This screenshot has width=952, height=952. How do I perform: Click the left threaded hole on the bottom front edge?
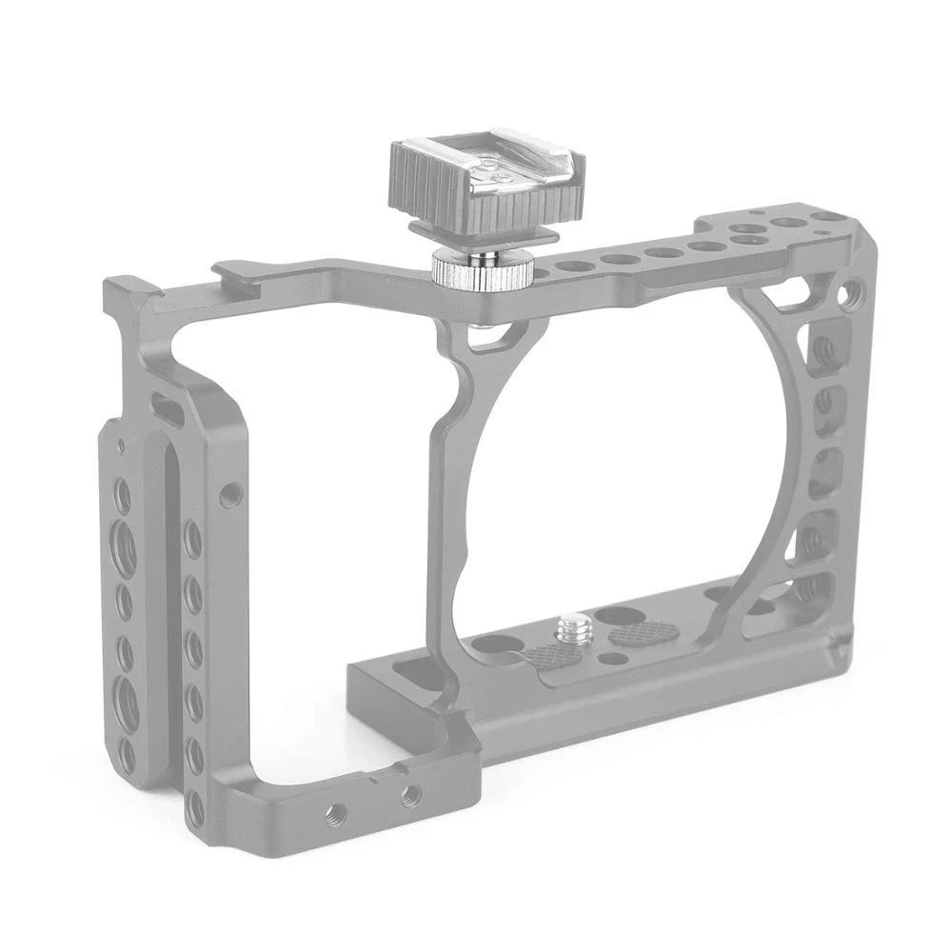click(335, 812)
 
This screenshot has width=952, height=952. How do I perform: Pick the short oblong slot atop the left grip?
click(168, 411)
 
